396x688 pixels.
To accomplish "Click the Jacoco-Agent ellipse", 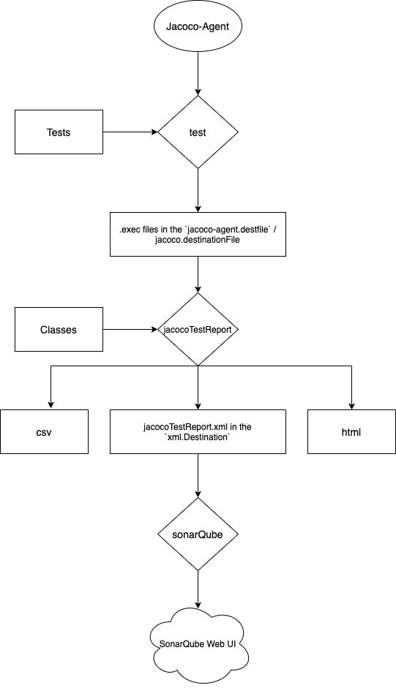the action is click(198, 26).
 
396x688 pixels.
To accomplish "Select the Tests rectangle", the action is click(59, 132).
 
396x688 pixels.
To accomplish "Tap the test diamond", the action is click(198, 132).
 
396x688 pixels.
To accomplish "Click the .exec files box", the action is click(198, 234).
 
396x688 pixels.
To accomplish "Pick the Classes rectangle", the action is click(59, 330).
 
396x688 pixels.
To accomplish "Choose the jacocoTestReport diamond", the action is click(198, 330).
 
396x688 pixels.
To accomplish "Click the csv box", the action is click(44, 432).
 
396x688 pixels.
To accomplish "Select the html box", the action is click(351, 432).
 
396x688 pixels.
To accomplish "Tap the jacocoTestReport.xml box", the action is click(198, 432).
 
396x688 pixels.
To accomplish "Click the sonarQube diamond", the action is click(198, 534).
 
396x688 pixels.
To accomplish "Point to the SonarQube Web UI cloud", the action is click(198, 645).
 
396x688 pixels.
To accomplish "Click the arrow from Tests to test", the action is click(130, 132).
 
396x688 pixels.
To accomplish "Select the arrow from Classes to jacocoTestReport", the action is click(130, 330).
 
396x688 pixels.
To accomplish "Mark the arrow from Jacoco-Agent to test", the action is click(198, 73).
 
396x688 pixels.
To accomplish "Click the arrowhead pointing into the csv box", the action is click(51, 407).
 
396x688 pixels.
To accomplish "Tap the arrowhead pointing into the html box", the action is click(351, 407).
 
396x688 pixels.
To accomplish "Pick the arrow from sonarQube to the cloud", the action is click(198, 589).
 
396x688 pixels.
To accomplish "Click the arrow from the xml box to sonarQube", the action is click(198, 476).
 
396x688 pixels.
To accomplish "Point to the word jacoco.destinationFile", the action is click(198, 240).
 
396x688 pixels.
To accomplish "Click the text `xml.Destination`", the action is click(198, 437).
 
